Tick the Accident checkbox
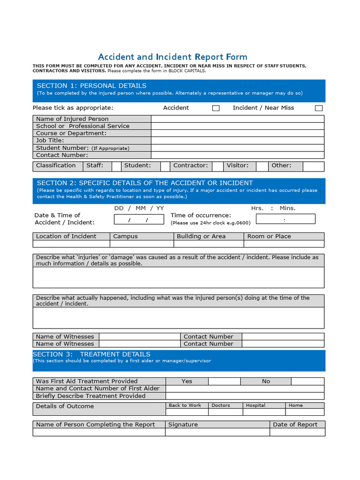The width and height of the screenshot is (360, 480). [x=216, y=108]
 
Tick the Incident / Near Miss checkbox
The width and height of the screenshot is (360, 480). [x=319, y=108]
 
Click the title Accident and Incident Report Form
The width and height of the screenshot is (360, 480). [x=172, y=57]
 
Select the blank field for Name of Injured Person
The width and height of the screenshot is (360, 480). [x=237, y=119]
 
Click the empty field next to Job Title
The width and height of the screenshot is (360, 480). [x=237, y=141]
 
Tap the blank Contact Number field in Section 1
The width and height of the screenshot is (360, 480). [x=237, y=155]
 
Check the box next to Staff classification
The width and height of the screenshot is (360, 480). [x=116, y=166]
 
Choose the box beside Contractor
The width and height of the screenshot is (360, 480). [x=217, y=166]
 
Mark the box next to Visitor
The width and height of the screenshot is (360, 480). [x=262, y=166]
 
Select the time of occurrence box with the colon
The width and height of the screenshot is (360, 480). [x=285, y=219]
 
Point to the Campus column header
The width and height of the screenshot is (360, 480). [x=126, y=237]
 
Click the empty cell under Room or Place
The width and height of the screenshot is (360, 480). [x=284, y=244]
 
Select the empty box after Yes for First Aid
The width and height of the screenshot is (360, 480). [x=224, y=382]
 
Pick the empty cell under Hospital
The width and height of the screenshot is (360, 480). [x=264, y=412]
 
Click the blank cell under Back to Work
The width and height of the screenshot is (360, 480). [x=185, y=412]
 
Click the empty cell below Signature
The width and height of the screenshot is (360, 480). [x=217, y=432]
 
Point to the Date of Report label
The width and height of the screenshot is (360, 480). [x=295, y=425]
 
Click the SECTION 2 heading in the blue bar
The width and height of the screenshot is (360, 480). [x=145, y=183]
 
